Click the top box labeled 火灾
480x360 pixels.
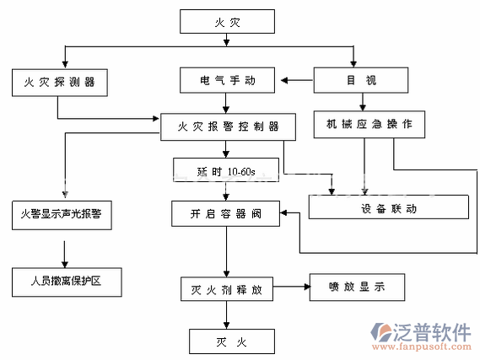click(227, 21)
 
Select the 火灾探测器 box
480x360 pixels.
click(60, 82)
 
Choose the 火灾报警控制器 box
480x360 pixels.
click(228, 127)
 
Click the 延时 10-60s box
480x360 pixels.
click(226, 171)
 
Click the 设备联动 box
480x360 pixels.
click(388, 207)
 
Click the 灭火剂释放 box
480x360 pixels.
click(227, 288)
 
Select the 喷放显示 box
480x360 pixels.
click(356, 287)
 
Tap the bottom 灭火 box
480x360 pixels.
click(230, 342)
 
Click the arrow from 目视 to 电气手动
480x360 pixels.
click(296, 82)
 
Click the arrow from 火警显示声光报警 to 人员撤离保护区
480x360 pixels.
click(63, 251)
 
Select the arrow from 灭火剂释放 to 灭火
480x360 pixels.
click(226, 315)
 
